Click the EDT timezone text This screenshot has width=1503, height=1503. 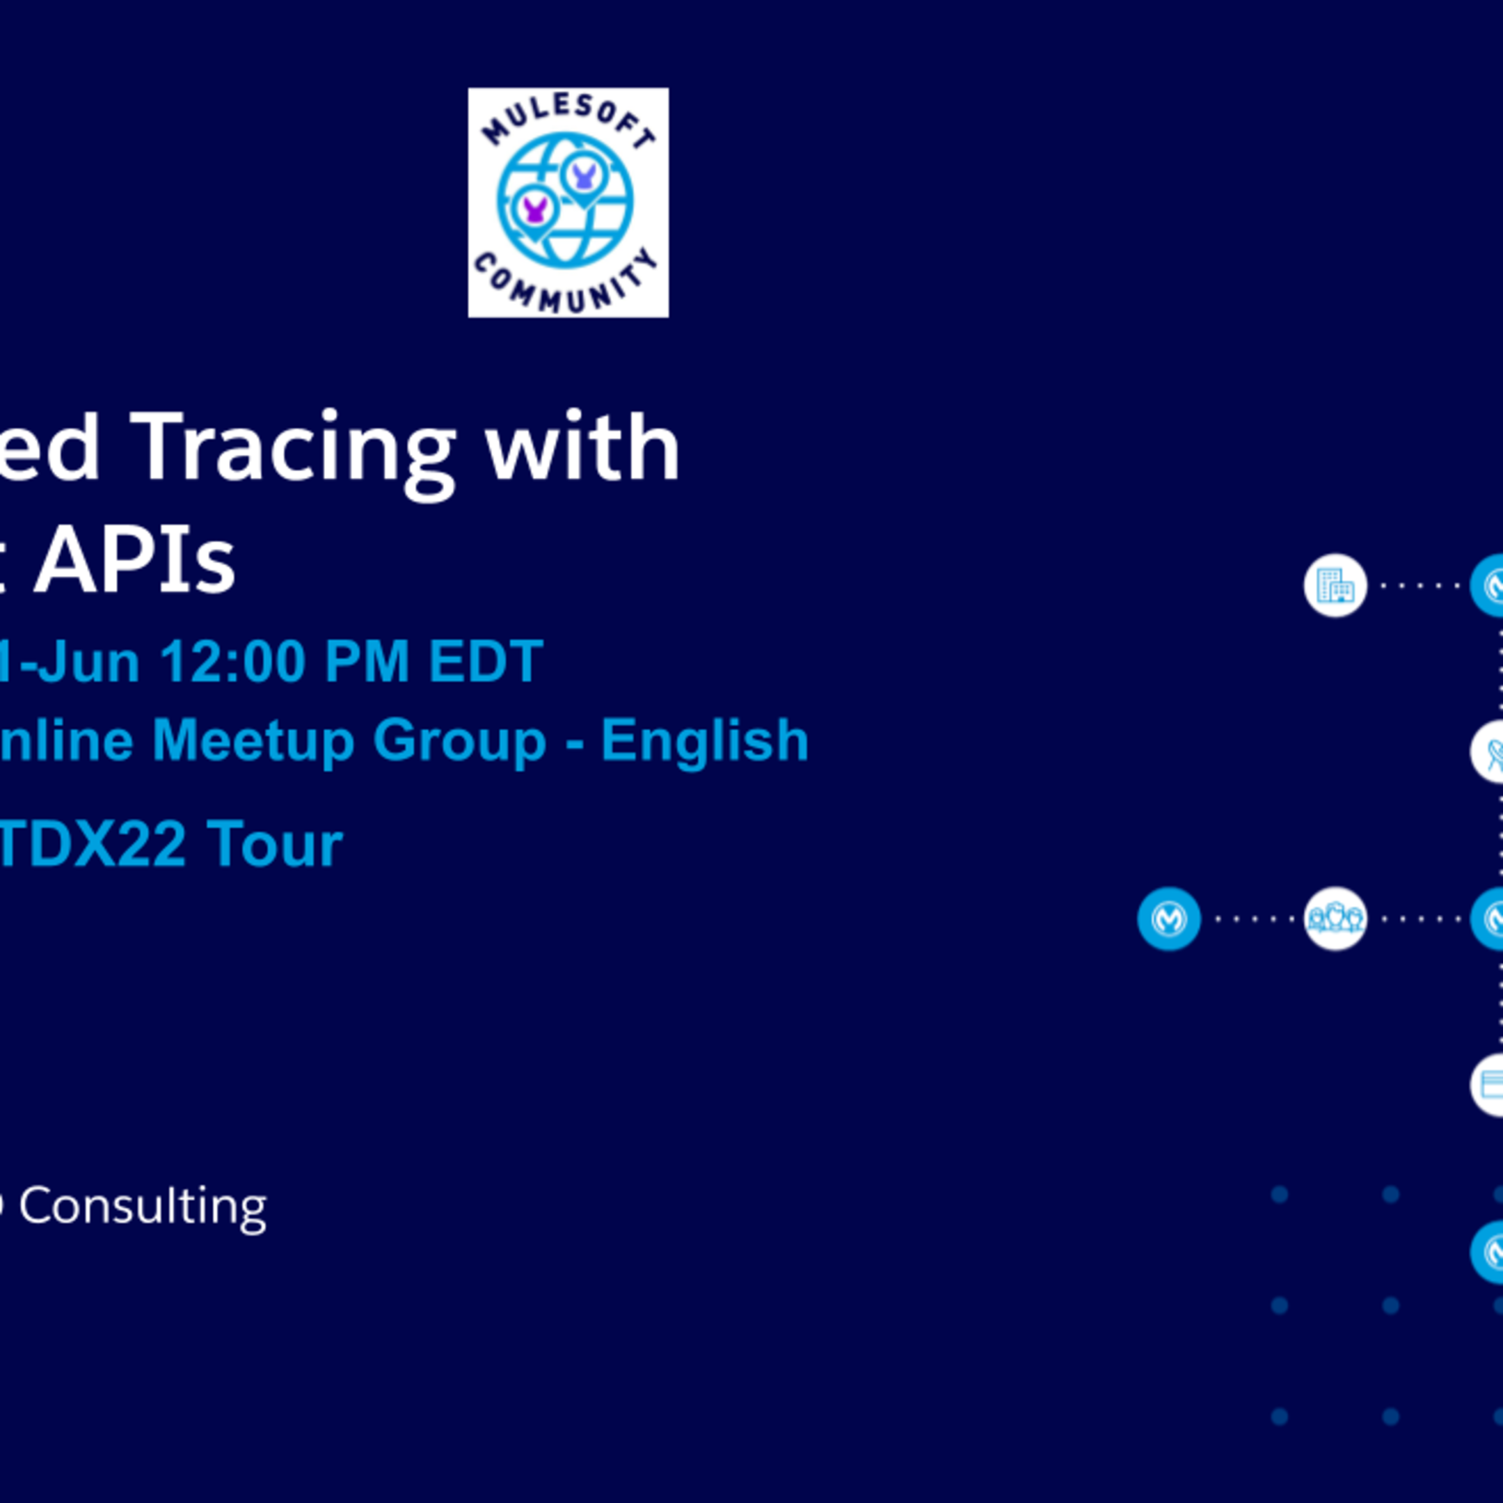tap(486, 662)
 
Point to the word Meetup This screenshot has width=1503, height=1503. tap(252, 740)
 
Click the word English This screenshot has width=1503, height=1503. tap(704, 740)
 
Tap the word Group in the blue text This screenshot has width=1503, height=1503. tap(459, 740)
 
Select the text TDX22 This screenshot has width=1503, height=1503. tap(92, 844)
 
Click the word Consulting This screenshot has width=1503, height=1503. tap(143, 1207)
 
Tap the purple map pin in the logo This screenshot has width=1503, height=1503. tap(534, 209)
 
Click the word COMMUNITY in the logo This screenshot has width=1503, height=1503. tap(567, 285)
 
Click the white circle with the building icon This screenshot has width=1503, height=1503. tap(1335, 585)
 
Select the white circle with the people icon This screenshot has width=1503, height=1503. tap(1335, 918)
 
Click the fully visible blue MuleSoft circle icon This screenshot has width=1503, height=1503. tap(1168, 918)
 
